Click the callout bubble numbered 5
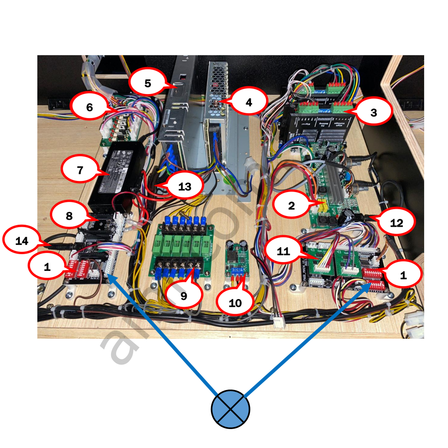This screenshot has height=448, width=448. [x=148, y=83]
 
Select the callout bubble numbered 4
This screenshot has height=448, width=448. [x=248, y=102]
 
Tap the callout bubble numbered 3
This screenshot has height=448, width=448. [x=373, y=112]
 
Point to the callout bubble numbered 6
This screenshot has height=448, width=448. [x=90, y=107]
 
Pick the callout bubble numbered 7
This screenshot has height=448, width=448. [x=80, y=170]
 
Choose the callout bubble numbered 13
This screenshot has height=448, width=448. [x=185, y=186]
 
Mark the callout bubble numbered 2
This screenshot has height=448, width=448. [x=291, y=206]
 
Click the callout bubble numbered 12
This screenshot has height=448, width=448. [x=396, y=223]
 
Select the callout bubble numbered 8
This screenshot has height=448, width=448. [x=69, y=216]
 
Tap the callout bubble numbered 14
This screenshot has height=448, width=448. [x=22, y=241]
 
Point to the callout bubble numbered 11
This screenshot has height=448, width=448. [x=283, y=251]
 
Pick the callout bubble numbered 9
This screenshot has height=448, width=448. [x=184, y=296]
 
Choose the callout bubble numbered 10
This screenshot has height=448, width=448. [x=235, y=303]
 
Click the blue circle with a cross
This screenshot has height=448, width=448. [x=230, y=409]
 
